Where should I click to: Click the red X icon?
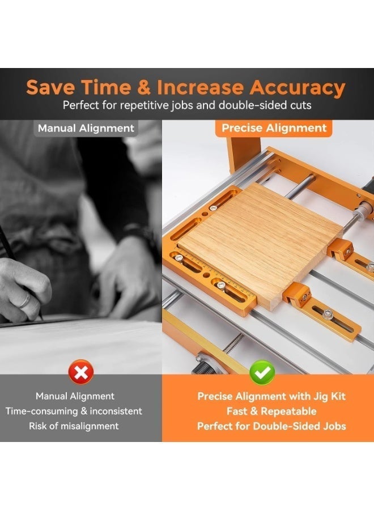[x=81, y=372]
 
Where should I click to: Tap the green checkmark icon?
[x=262, y=373]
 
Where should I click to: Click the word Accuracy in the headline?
[x=297, y=87]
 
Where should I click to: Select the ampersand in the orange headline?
[x=143, y=87]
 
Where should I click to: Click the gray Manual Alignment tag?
[x=86, y=128]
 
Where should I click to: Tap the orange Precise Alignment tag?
[x=274, y=128]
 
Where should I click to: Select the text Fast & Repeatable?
[x=271, y=411]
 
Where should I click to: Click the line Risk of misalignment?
[x=74, y=426]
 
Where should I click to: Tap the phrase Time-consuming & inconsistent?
[x=74, y=411]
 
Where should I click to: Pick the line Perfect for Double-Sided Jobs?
[x=271, y=426]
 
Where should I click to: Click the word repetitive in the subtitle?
[x=144, y=105]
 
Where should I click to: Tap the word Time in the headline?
[x=106, y=87]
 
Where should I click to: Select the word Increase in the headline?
[x=200, y=87]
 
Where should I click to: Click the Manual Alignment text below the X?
[x=75, y=396]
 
